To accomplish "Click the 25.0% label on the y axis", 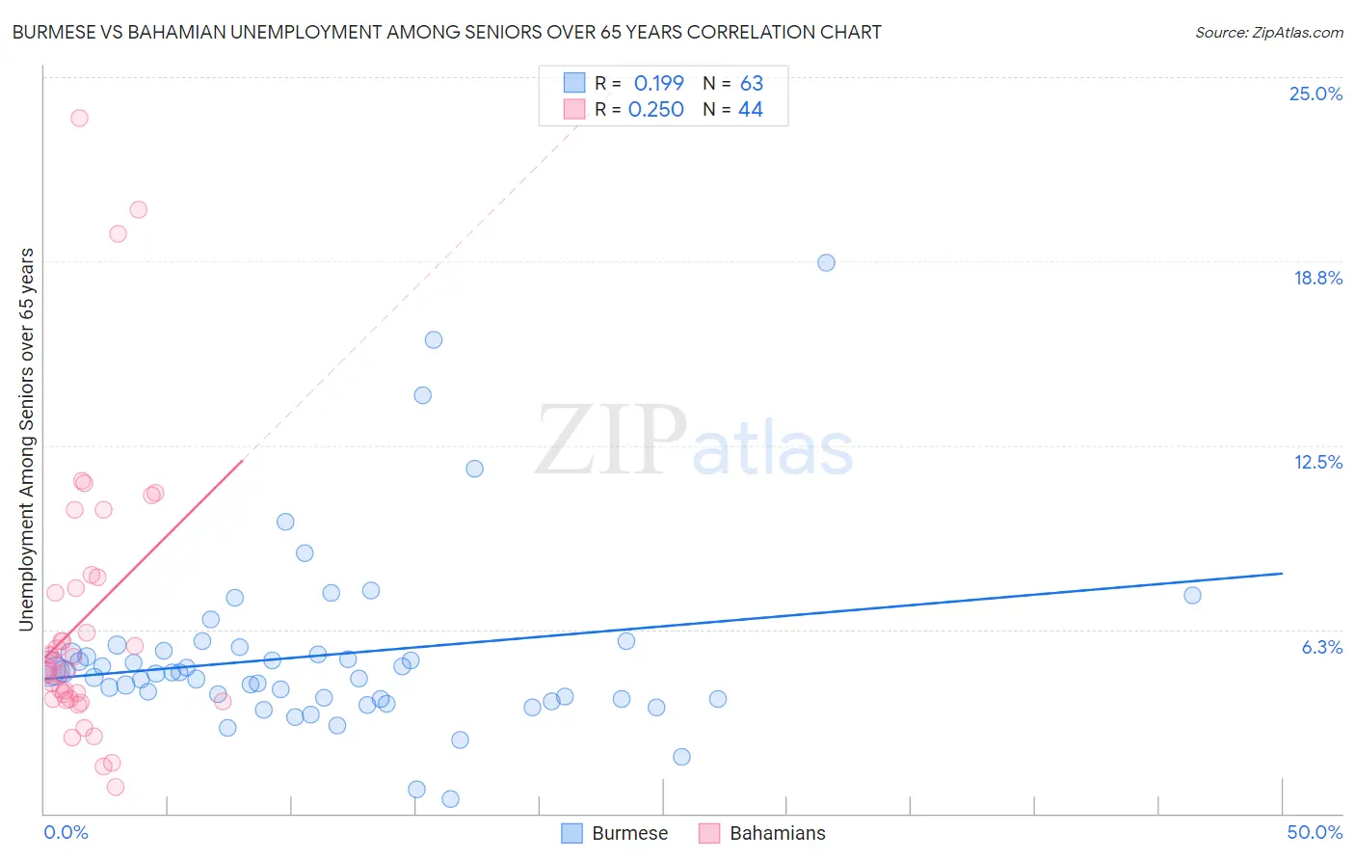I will click(x=1315, y=94).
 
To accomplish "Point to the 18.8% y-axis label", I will click(x=1317, y=278).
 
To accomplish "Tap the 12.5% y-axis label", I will click(x=1317, y=462).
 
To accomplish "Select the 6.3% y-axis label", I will click(x=1321, y=647).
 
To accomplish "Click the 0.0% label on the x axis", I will click(x=66, y=832).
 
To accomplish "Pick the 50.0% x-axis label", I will click(x=1315, y=832).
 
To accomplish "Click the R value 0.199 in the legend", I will click(x=658, y=83).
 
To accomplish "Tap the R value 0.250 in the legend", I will click(x=655, y=110).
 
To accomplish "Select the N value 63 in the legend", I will click(x=751, y=83).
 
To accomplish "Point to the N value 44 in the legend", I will click(x=750, y=110).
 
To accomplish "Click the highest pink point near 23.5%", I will click(x=79, y=118).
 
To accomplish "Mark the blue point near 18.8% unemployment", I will click(x=826, y=262).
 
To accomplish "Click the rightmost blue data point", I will click(x=1192, y=595).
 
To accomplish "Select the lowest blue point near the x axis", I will click(x=450, y=798).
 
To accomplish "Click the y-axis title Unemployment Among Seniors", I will click(x=27, y=439).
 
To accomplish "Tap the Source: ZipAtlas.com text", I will click(x=1268, y=33).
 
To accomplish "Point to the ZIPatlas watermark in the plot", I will click(x=694, y=441).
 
